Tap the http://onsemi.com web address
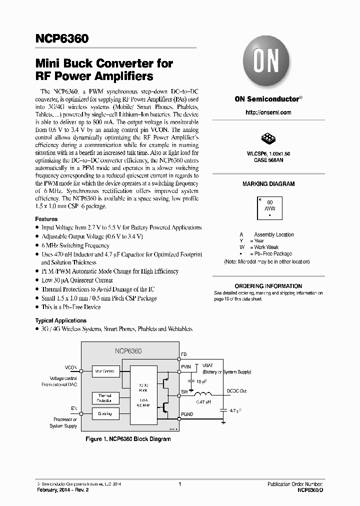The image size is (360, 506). point(268,112)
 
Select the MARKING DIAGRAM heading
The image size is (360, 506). point(268,184)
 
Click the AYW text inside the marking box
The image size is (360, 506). point(269,208)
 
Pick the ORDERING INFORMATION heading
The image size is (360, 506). point(268,286)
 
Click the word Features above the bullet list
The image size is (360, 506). point(46,219)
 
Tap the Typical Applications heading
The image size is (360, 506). point(60,320)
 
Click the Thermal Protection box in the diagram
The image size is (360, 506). point(105,397)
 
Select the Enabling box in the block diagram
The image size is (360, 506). point(105,413)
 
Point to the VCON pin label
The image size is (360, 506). point(71,367)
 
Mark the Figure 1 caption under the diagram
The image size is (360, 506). point(128,439)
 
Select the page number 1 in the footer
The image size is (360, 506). point(179,484)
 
